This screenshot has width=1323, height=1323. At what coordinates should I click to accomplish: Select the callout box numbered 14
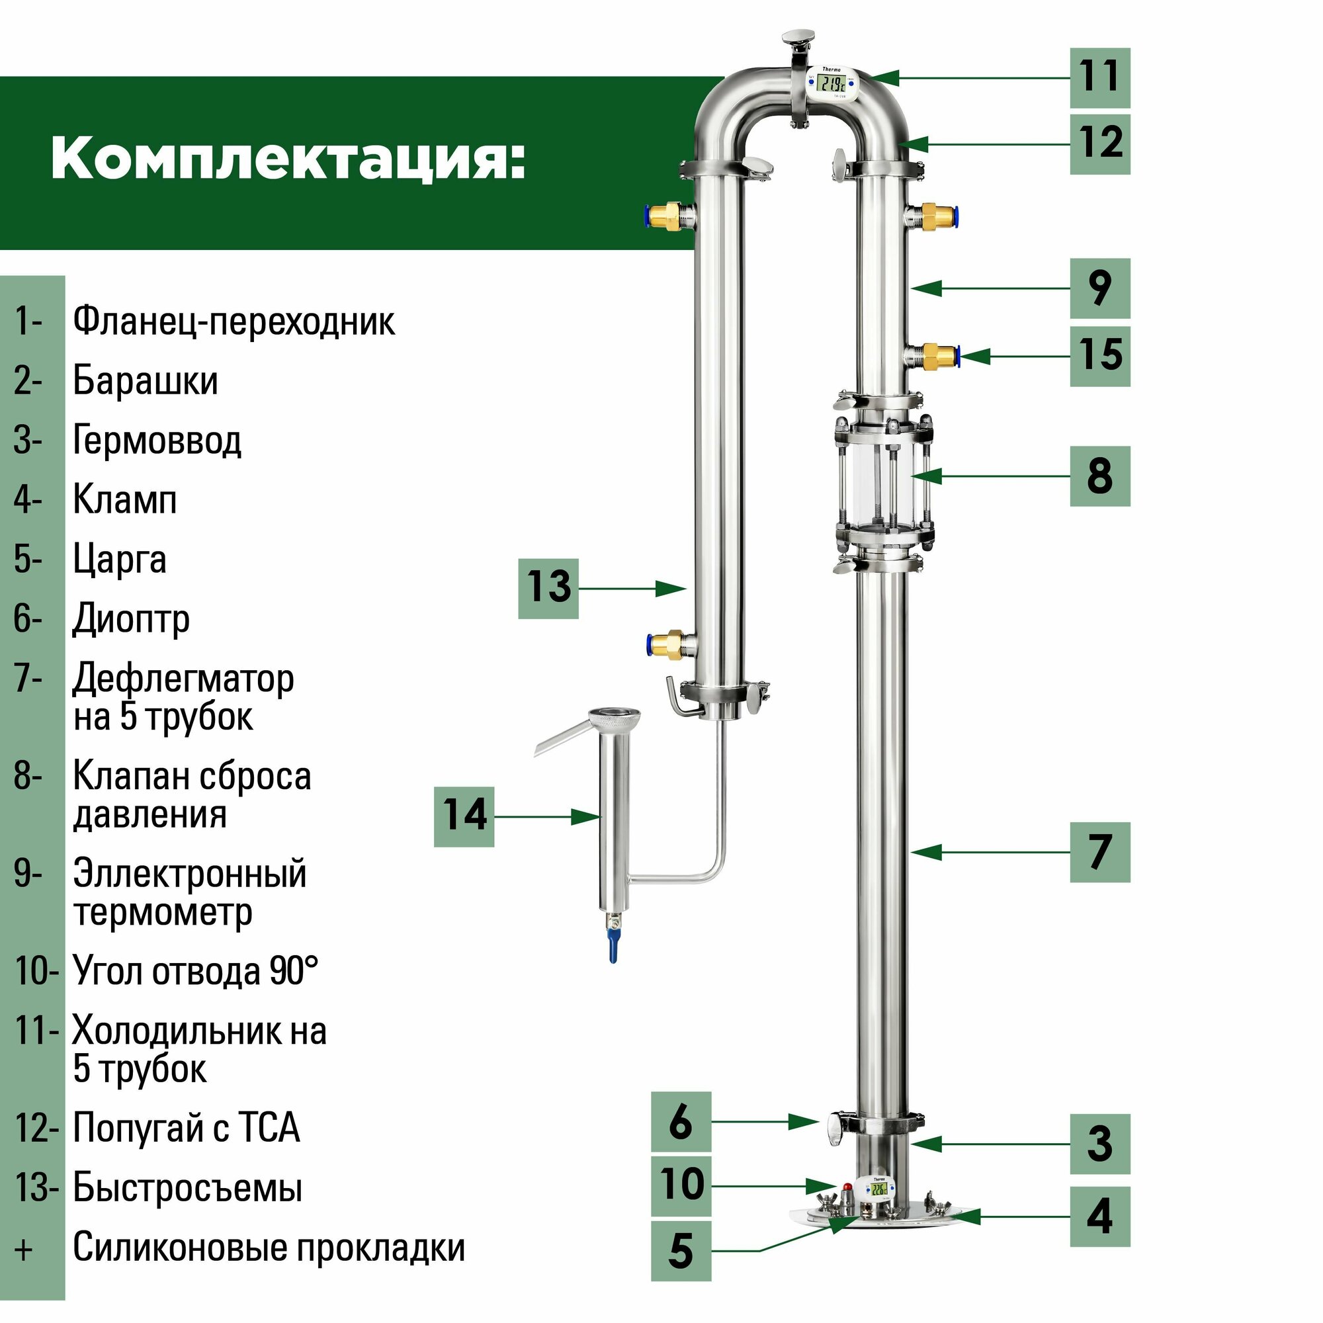[x=464, y=816]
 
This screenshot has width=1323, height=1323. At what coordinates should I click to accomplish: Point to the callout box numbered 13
[x=548, y=588]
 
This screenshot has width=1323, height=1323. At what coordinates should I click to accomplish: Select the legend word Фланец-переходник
[x=234, y=321]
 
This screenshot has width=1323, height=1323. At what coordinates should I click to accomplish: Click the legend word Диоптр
[x=131, y=620]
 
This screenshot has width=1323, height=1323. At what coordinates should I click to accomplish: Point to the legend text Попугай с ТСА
[x=187, y=1128]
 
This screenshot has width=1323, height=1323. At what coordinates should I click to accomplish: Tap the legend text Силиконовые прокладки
[x=269, y=1248]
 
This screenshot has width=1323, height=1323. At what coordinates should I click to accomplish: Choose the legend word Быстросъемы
[x=187, y=1188]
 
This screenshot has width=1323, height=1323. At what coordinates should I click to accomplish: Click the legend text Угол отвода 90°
[x=195, y=971]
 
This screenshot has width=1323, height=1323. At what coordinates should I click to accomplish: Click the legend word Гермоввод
[x=157, y=441]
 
